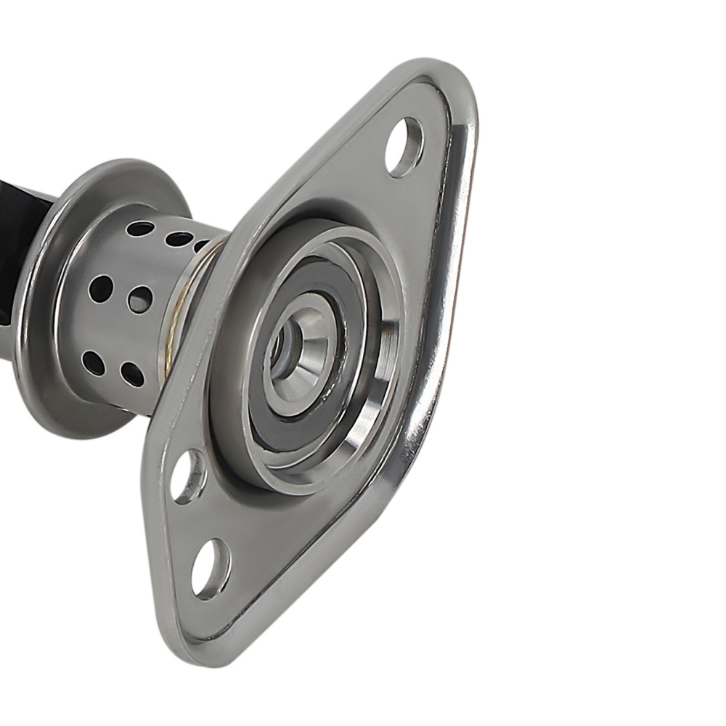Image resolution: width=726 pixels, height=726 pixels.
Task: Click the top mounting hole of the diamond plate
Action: [x=404, y=147]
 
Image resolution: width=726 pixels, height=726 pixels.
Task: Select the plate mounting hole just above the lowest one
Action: [x=188, y=477]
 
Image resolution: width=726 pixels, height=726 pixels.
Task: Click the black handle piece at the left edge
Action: [x=18, y=218]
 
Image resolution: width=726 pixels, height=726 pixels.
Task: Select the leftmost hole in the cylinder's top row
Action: [x=139, y=229]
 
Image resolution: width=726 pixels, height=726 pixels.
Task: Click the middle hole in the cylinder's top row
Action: [x=179, y=239]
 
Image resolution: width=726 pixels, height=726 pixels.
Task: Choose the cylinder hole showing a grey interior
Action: [x=139, y=298]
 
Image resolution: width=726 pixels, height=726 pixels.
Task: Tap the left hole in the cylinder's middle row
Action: [x=100, y=288]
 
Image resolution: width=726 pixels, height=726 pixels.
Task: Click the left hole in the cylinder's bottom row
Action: [x=93, y=362]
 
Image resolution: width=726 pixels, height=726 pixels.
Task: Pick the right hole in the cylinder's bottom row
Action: [x=132, y=374]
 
